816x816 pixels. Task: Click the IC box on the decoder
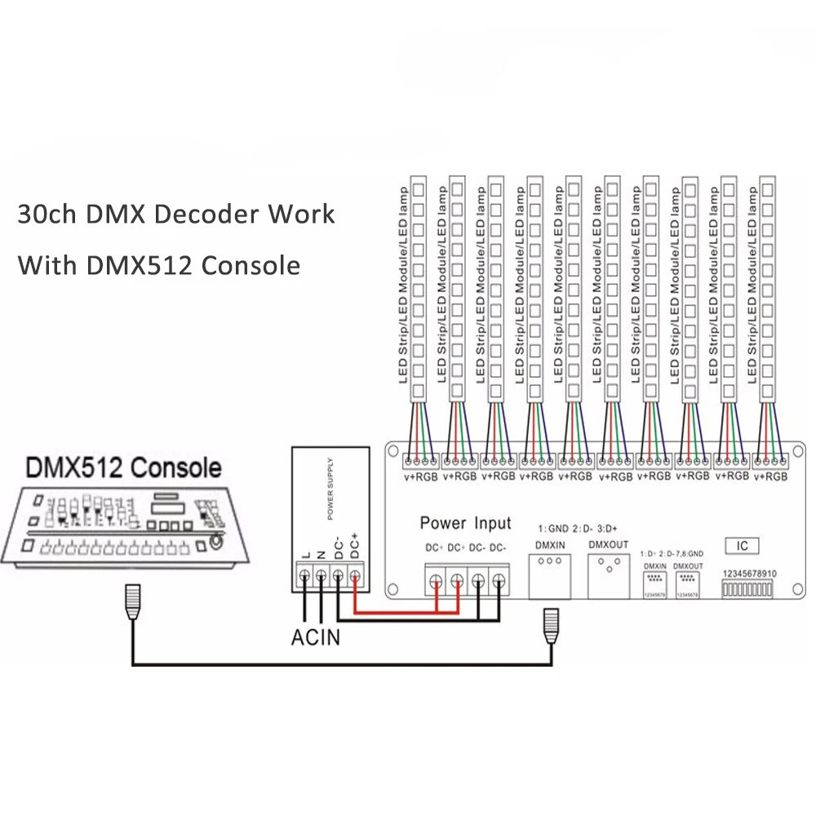[742, 546]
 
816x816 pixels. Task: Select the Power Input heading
[465, 523]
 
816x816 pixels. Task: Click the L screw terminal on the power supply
[304, 577]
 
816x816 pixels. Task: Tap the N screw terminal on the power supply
[322, 577]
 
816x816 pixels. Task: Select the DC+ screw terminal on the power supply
[355, 577]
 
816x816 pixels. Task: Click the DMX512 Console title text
[124, 468]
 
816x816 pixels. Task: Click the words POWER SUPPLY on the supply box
[330, 487]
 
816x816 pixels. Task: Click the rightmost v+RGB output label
[771, 476]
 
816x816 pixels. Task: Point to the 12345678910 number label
[749, 574]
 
